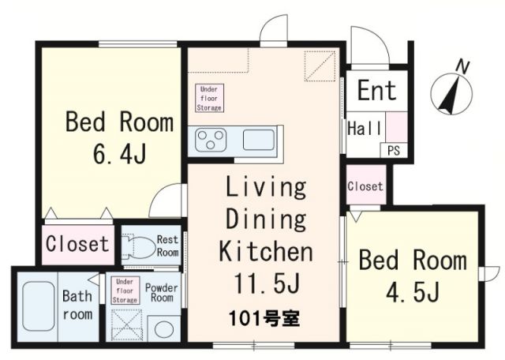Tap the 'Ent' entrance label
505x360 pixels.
377,90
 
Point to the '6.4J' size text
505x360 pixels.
118,151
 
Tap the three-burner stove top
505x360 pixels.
211,141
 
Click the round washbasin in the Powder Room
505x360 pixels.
164,328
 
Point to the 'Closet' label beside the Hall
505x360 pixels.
365,187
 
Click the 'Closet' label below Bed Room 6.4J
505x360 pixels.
77,243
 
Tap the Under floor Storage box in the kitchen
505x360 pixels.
210,97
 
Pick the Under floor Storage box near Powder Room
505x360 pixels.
125,290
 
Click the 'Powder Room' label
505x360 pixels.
162,293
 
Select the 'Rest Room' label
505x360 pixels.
167,246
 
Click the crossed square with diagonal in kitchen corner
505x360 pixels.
322,65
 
